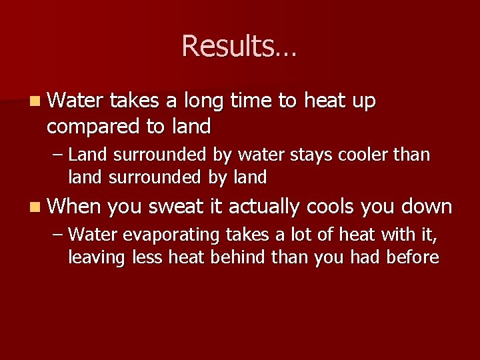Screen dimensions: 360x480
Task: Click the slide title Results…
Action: point(239,47)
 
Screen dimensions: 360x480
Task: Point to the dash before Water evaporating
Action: point(57,235)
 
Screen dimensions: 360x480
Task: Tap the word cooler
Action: point(367,155)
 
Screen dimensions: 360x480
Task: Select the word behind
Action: point(235,258)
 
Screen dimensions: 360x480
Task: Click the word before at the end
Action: point(412,258)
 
